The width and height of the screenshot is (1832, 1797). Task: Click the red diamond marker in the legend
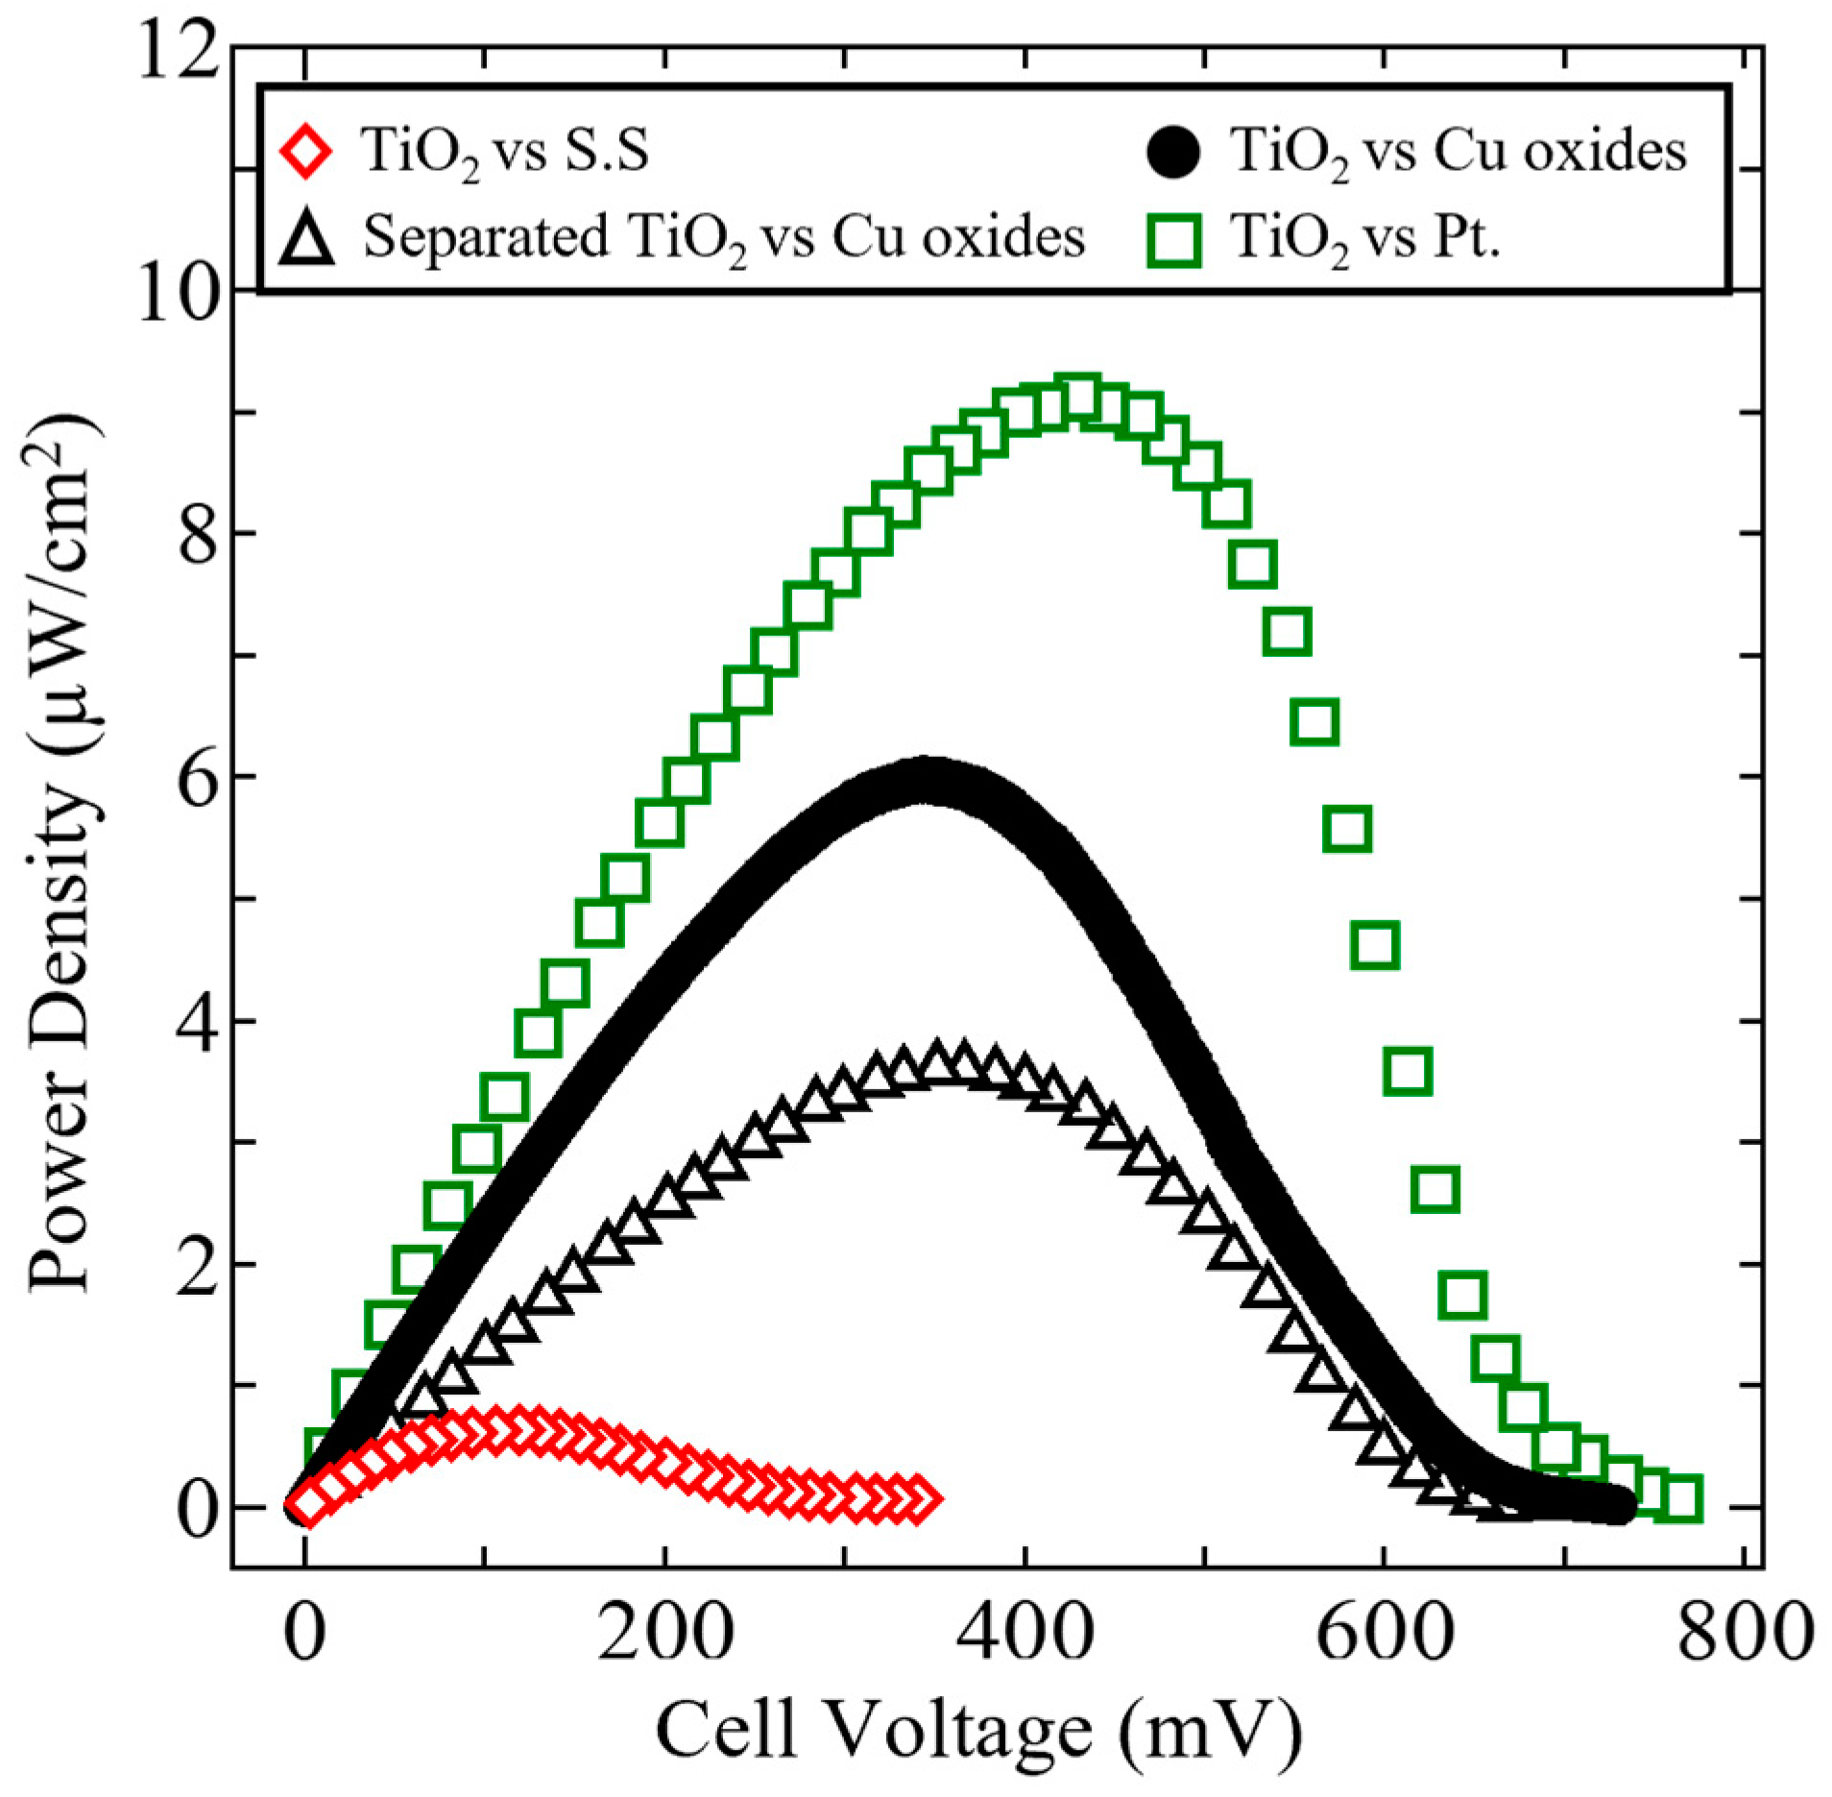click(305, 152)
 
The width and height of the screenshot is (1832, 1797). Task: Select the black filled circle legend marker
click(1172, 152)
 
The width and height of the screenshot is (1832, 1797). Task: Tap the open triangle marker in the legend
click(305, 239)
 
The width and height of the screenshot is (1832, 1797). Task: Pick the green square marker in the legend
click(1172, 240)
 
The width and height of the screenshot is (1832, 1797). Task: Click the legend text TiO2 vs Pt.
click(1364, 238)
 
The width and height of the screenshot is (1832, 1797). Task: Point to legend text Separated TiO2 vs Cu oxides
click(724, 238)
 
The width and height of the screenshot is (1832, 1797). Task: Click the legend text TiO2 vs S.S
click(505, 152)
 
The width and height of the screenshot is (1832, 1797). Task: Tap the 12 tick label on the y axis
click(179, 50)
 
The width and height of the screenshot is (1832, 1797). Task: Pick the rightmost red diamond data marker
click(919, 1499)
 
